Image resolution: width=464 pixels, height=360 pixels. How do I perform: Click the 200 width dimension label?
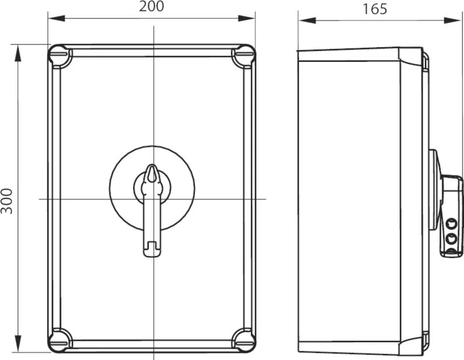point(151,6)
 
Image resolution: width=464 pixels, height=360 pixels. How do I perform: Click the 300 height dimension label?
point(6,201)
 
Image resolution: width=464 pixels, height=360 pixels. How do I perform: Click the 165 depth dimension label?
point(375,9)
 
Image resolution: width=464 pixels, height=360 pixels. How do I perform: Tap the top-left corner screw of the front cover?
point(60,56)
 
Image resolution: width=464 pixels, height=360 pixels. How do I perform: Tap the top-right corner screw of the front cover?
point(243,56)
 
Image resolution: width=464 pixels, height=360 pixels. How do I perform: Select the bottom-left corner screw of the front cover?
point(60,340)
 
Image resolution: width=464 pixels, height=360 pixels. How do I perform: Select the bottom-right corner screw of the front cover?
point(243,340)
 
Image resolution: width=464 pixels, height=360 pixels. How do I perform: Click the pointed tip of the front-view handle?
point(152,165)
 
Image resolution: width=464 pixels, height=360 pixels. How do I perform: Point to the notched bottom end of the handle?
point(152,249)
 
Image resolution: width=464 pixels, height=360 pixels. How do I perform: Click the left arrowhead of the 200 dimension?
point(56,18)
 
